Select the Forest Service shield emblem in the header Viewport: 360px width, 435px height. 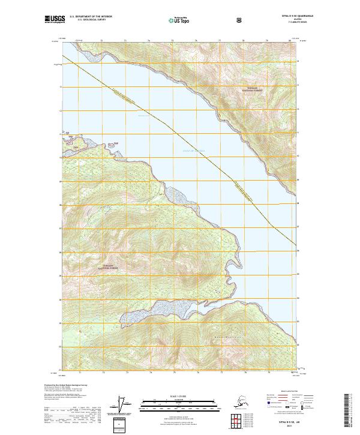click(239, 20)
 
